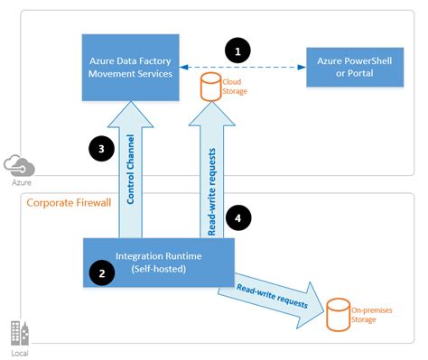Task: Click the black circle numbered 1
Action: pos(237,52)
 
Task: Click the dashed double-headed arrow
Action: pos(240,67)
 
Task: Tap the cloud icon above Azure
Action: pos(19,165)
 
